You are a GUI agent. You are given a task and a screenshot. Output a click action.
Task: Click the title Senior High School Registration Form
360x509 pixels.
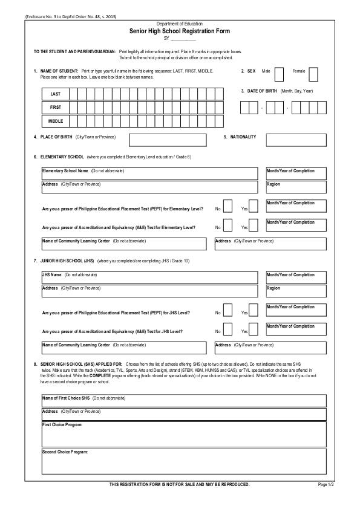(180, 30)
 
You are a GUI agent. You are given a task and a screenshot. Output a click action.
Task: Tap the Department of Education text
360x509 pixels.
(180, 23)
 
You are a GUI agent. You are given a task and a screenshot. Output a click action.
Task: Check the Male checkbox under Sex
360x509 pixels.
(279, 74)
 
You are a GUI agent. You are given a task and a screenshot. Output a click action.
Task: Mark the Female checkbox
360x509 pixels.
(313, 74)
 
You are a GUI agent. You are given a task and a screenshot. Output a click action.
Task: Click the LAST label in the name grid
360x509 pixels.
(55, 94)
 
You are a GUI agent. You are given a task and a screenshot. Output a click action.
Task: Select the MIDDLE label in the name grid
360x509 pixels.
(55, 121)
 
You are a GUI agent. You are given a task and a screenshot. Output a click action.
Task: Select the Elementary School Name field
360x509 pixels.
(149, 173)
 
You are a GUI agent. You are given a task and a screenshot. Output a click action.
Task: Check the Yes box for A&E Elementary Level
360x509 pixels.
(254, 224)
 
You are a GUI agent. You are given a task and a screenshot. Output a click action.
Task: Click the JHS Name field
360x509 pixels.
(149, 277)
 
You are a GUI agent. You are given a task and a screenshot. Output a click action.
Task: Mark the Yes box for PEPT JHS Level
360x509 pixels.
(254, 310)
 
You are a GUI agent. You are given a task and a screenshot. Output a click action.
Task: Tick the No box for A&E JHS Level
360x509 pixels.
(227, 329)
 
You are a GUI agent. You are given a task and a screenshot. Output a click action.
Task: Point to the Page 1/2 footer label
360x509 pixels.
(326, 485)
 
